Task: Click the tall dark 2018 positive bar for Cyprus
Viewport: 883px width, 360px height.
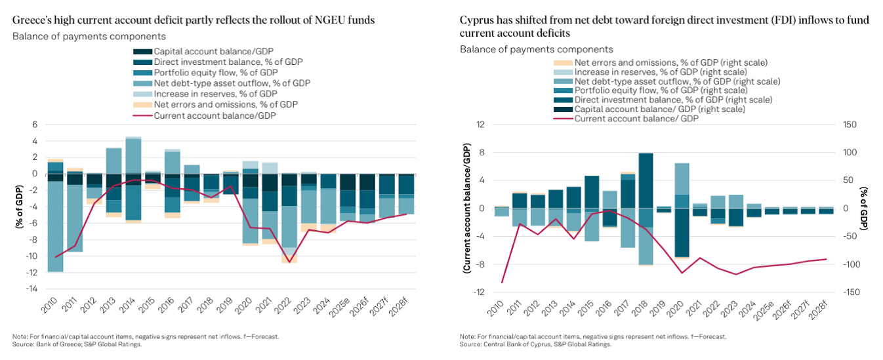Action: click(x=646, y=180)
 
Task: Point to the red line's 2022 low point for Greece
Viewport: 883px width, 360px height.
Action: click(x=289, y=262)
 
